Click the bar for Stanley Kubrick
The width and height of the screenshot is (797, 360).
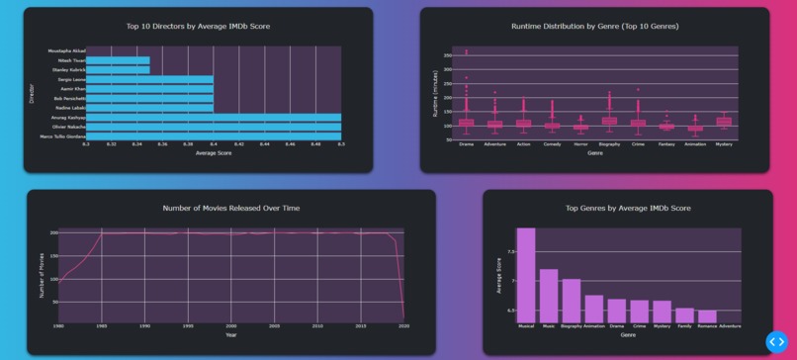(x=118, y=69)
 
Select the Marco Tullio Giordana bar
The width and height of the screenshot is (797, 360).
(x=213, y=136)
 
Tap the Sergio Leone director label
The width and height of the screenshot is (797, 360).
(x=70, y=79)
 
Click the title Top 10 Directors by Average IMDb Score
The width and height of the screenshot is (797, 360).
(x=198, y=27)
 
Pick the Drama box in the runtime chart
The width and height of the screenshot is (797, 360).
(x=466, y=124)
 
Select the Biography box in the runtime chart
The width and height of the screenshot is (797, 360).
(x=609, y=122)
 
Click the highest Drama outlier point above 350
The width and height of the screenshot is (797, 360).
(x=466, y=50)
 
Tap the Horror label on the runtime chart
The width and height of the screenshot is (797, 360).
(x=580, y=144)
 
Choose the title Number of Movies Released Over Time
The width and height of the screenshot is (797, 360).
(x=230, y=208)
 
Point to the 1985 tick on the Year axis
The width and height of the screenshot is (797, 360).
(x=102, y=325)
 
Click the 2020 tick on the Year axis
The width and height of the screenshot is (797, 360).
(x=402, y=325)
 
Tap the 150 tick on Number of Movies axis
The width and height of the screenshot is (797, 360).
(x=53, y=256)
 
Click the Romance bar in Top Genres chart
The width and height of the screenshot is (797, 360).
(x=707, y=317)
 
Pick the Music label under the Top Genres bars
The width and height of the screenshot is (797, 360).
(x=549, y=325)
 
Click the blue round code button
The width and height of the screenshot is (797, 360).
(x=776, y=341)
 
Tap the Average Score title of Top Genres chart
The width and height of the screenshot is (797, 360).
(x=498, y=276)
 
